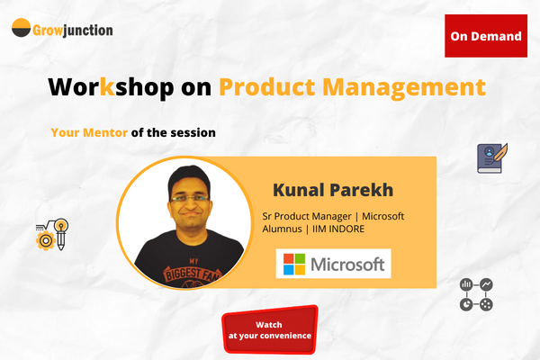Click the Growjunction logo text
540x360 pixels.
pyautogui.click(x=75, y=30)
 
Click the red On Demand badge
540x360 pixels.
pyautogui.click(x=486, y=37)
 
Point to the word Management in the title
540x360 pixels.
pyautogui.click(x=401, y=87)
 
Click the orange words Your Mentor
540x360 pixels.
pyautogui.click(x=89, y=132)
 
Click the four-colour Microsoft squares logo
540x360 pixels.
pyautogui.click(x=294, y=264)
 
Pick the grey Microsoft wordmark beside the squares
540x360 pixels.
pyautogui.click(x=346, y=264)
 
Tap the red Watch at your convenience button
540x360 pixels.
pyautogui.click(x=270, y=329)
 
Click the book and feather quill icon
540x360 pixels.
pyautogui.click(x=493, y=157)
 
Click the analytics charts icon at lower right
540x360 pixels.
pyautogui.click(x=475, y=294)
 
